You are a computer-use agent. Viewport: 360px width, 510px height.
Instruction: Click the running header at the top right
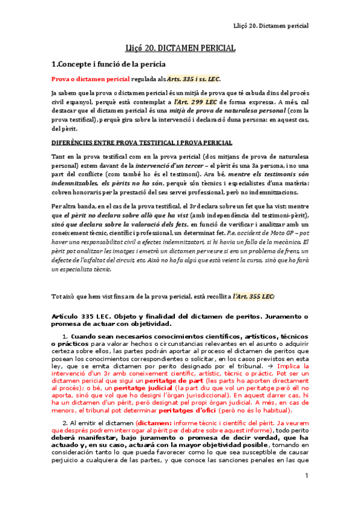point(270,26)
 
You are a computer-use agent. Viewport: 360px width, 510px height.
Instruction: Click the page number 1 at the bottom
point(306,493)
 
